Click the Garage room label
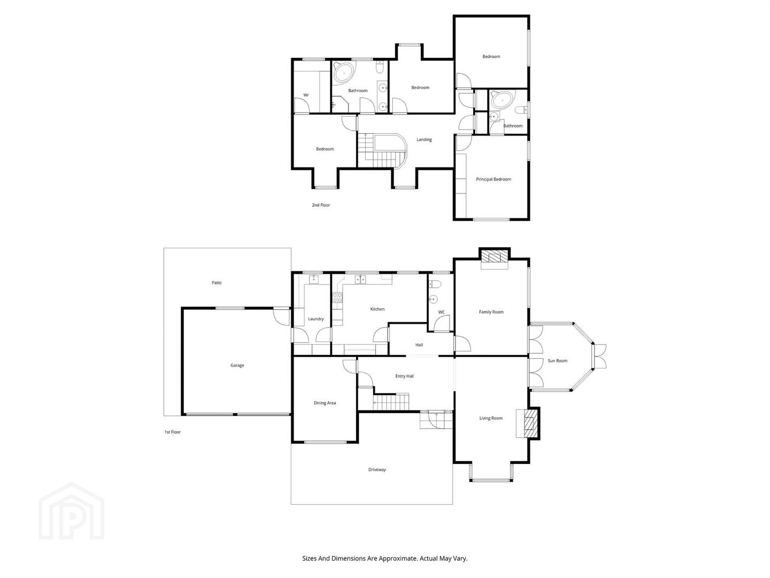point(237,365)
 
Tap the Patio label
point(217,283)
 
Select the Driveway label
point(377,469)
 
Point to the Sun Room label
point(557,360)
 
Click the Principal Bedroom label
point(493,179)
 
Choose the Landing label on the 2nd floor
point(423,139)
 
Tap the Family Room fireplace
point(494,256)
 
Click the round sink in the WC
point(433,299)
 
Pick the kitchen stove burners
point(337,298)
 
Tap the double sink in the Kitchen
point(360,279)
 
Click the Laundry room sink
point(313,279)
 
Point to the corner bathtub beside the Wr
point(344,73)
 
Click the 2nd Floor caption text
point(321,205)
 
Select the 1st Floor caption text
point(172,432)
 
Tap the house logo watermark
point(71,511)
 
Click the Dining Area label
point(325,402)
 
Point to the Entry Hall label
point(404,376)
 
